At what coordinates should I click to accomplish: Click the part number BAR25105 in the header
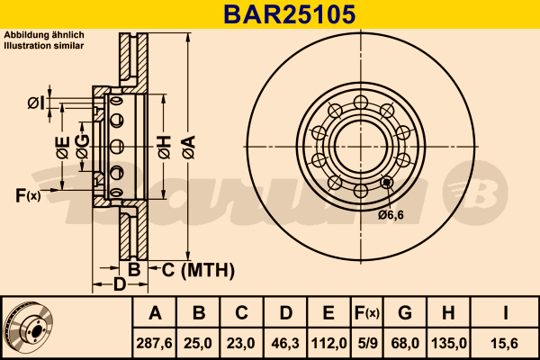(x=289, y=14)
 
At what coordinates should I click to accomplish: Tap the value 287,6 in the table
(x=154, y=343)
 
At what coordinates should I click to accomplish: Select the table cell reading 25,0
(x=198, y=343)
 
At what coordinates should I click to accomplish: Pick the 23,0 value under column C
(x=241, y=343)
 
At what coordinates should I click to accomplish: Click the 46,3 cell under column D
(x=285, y=343)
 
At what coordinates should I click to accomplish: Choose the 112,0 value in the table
(x=328, y=343)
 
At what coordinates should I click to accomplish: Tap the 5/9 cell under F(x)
(x=367, y=343)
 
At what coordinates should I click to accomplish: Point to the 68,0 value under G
(x=405, y=343)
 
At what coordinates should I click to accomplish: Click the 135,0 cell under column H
(x=449, y=343)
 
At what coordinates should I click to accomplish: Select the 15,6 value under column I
(x=505, y=343)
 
